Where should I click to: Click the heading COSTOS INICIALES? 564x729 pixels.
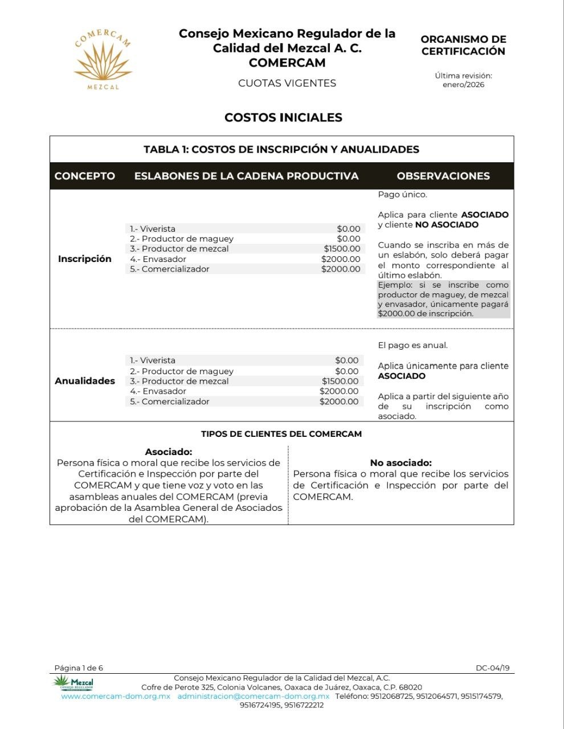click(x=283, y=117)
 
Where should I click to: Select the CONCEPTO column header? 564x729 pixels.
click(x=85, y=176)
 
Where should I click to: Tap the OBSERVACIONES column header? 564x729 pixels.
click(x=443, y=176)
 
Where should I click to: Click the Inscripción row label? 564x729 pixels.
click(x=85, y=259)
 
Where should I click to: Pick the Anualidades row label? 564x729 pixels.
click(x=85, y=381)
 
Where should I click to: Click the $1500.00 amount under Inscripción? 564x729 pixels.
click(x=342, y=248)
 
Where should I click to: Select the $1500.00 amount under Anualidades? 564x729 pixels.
click(x=340, y=381)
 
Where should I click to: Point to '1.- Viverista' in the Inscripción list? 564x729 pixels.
click(x=153, y=228)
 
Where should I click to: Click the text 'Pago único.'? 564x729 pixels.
click(x=402, y=194)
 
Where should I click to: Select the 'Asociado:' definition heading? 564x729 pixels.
click(x=169, y=452)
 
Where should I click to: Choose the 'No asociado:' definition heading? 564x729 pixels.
click(x=400, y=463)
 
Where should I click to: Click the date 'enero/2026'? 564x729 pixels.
click(x=463, y=85)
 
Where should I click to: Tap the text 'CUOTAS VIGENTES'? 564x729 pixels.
click(x=287, y=83)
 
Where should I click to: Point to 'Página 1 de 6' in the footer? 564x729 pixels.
click(x=79, y=667)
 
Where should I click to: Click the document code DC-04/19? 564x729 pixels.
click(x=493, y=667)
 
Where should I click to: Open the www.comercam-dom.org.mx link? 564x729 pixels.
click(x=116, y=696)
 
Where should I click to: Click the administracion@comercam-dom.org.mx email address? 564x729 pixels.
click(x=253, y=696)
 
